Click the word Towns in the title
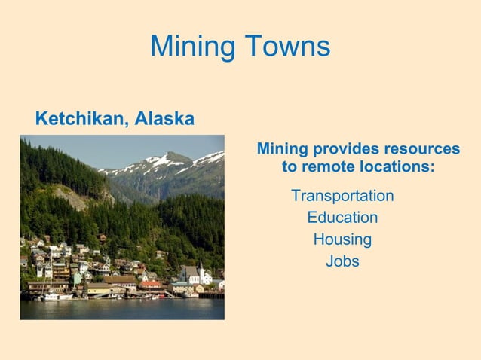pyautogui.click(x=286, y=47)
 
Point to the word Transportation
pyautogui.click(x=342, y=196)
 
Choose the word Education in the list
pyautogui.click(x=342, y=218)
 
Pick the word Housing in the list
pyautogui.click(x=342, y=240)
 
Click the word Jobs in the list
pyautogui.click(x=342, y=262)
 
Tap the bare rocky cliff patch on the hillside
pyautogui.click(x=72, y=197)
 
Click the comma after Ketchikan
pyautogui.click(x=127, y=123)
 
